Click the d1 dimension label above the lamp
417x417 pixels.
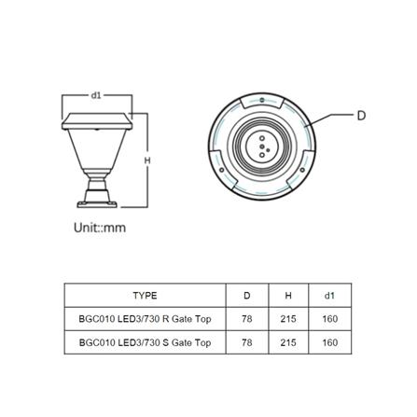pyautogui.click(x=96, y=94)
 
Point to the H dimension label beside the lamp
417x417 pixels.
pyautogui.click(x=146, y=160)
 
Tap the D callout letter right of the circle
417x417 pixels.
pyautogui.click(x=361, y=116)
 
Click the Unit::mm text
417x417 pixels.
pyautogui.click(x=99, y=227)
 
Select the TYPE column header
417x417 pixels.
pyautogui.click(x=145, y=295)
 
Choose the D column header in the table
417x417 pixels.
pyautogui.click(x=246, y=295)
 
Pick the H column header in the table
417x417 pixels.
pyautogui.click(x=287, y=295)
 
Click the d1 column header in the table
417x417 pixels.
pyautogui.click(x=329, y=295)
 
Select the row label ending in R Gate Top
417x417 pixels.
pyautogui.click(x=145, y=319)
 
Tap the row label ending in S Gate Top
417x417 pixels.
pyautogui.click(x=145, y=342)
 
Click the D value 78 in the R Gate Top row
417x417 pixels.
pyautogui.click(x=246, y=319)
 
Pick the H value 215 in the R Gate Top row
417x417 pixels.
pyautogui.click(x=287, y=319)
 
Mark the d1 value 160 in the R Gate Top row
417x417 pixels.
pyautogui.click(x=329, y=319)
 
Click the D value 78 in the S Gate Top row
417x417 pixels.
pyautogui.click(x=246, y=342)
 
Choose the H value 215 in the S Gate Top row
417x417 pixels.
pyautogui.click(x=287, y=342)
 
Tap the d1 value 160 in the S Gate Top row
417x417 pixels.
pyautogui.click(x=329, y=342)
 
